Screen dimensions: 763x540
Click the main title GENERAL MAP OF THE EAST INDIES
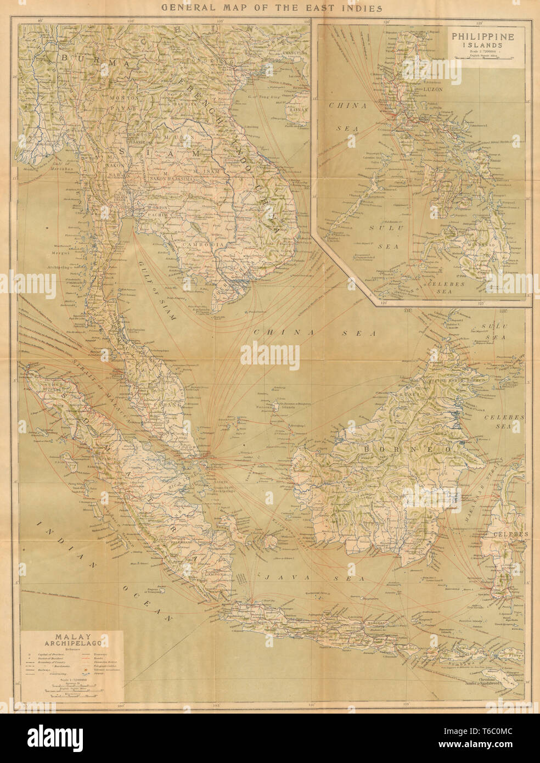point(270,8)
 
